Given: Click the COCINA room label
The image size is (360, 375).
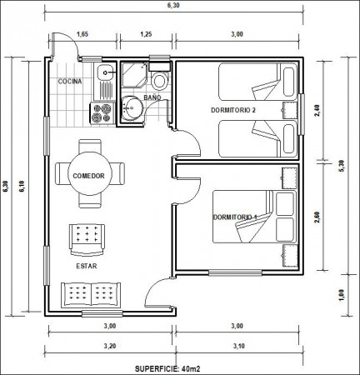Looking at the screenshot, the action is click(70, 82).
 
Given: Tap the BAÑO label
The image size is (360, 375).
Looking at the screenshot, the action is click(152, 97).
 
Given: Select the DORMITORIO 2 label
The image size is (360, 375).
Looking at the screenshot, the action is click(233, 110).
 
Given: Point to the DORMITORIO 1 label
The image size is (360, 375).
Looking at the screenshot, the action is click(235, 217).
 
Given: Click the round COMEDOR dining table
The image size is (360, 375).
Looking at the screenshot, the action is click(90, 174).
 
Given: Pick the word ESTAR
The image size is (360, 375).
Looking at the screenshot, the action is click(87, 266).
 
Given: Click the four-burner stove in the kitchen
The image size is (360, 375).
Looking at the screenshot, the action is click(102, 113).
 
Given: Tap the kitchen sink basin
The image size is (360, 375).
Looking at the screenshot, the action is click(105, 72).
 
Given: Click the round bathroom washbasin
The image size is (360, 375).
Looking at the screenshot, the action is click(132, 108).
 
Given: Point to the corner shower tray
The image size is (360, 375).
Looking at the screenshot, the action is click(135, 74).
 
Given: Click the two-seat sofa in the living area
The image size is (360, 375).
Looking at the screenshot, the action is click(91, 295).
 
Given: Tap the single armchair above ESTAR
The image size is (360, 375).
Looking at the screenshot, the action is click(87, 240).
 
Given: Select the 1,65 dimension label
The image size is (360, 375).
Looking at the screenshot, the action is click(82, 34).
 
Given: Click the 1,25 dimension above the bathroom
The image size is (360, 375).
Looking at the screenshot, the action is click(146, 34).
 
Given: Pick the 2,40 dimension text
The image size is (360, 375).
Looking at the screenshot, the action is click(317, 110).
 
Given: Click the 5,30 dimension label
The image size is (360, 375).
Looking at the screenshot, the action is click(342, 166).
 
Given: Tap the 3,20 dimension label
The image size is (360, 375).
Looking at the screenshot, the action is click(110, 346).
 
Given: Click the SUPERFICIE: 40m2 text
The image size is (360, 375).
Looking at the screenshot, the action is click(167, 369).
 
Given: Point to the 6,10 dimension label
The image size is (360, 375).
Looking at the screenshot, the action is click(22, 186).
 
